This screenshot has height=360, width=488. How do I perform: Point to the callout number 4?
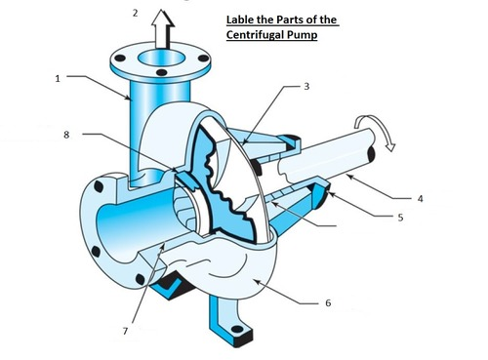click(x=420, y=198)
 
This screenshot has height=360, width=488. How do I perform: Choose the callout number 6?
click(x=327, y=303)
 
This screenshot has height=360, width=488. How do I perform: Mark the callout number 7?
click(x=125, y=332)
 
